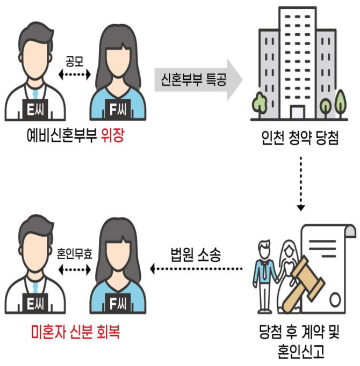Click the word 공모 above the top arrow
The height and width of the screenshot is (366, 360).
pos(75,61)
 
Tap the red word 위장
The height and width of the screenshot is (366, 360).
pos(112,136)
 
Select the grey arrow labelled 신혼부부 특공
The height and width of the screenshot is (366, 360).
pos(199,80)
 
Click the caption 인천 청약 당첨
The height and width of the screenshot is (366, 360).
pos(300,138)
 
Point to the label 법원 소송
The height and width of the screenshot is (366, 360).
pos(196,254)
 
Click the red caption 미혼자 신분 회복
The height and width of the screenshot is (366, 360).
pos(76,332)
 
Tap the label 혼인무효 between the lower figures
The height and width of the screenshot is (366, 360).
pos(75,254)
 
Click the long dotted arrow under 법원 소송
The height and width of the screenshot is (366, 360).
pos(196,269)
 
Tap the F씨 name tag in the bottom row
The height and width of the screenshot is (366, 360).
pos(118,303)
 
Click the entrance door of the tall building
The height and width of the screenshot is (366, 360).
pos(297,112)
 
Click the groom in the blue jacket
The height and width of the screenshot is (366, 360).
pos(265,276)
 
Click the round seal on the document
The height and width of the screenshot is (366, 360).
pos(335,299)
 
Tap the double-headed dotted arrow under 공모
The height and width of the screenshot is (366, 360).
pos(75,75)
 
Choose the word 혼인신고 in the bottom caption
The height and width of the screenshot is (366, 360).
pos(301,351)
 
